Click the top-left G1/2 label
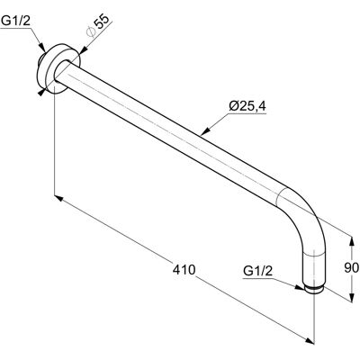[x=16, y=21]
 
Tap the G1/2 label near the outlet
[x=258, y=271]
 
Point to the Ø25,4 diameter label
[x=247, y=106]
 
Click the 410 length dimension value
[x=184, y=270]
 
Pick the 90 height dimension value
[x=351, y=267]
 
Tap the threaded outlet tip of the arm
[x=314, y=290]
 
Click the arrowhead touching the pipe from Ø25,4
[x=204, y=132]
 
